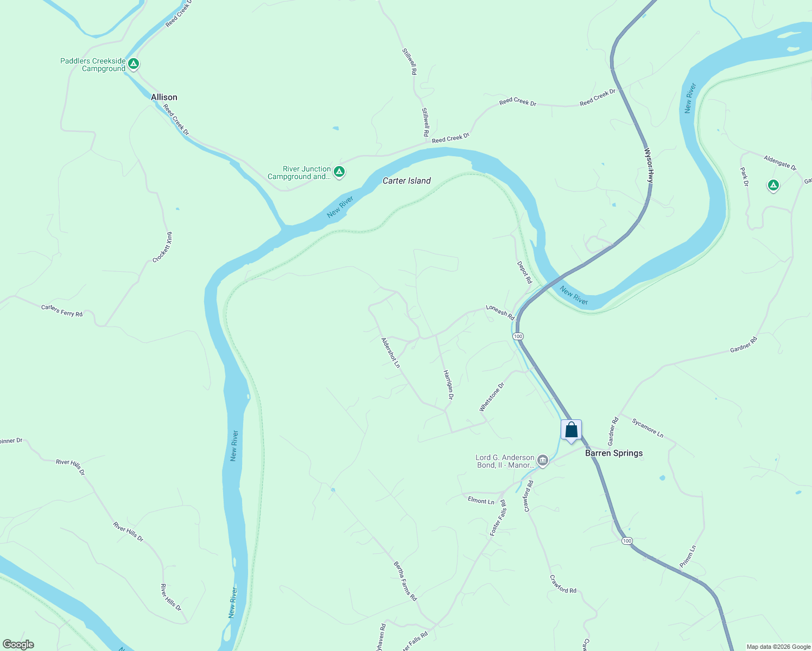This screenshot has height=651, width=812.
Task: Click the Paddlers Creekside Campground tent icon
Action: tap(134, 64)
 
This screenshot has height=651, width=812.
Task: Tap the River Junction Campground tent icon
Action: tap(339, 172)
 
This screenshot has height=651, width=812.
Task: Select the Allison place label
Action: tap(164, 97)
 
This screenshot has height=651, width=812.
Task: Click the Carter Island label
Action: tap(407, 181)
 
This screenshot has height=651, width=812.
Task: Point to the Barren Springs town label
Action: tap(614, 453)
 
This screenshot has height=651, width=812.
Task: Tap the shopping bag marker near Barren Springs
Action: tap(571, 431)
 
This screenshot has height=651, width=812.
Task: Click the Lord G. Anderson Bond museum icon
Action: tap(542, 461)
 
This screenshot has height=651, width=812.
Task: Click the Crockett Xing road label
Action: tap(162, 247)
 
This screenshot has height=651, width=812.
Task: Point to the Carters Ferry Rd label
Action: tap(62, 310)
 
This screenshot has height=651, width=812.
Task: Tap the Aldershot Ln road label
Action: tap(390, 353)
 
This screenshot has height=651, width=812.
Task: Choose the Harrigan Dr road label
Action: tap(448, 385)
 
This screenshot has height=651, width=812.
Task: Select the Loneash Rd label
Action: tap(500, 311)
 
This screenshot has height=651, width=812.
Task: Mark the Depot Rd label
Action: tap(524, 272)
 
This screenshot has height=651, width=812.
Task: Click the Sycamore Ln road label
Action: tap(648, 428)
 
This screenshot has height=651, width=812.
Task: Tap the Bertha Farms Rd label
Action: tap(405, 581)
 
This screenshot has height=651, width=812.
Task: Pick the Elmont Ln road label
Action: tap(481, 501)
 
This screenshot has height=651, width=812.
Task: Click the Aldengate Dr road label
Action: tap(780, 163)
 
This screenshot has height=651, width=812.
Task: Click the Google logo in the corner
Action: tap(18, 644)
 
